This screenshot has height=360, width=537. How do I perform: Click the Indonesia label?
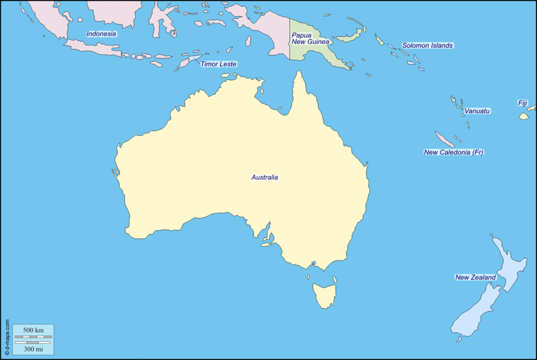point(101,34)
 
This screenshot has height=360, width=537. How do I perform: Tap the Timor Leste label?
point(218,64)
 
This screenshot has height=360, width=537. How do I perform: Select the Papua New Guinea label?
point(310,38)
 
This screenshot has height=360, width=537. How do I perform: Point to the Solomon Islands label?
point(427,46)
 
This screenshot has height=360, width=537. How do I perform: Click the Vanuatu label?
point(477,111)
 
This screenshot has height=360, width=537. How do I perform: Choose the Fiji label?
point(522,103)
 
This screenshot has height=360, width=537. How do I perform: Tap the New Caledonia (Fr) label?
point(453,152)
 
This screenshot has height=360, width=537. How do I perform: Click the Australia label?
point(264,178)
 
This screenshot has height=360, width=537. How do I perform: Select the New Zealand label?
point(475,278)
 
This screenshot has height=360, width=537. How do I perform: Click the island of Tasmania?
point(324,294)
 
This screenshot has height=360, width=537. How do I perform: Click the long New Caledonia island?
point(444,139)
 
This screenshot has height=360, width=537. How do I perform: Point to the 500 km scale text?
point(33,330)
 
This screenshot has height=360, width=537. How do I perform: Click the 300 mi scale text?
point(33,348)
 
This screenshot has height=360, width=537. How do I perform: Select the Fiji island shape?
point(524,116)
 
